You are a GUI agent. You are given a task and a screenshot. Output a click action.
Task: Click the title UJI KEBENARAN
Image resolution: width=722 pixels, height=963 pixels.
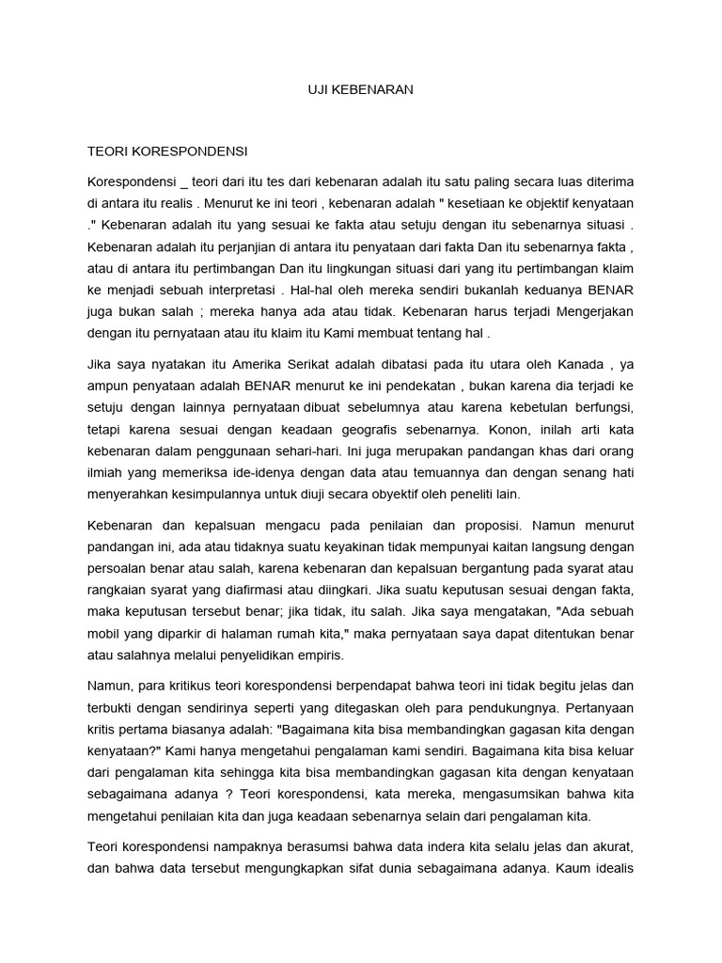click(361, 89)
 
